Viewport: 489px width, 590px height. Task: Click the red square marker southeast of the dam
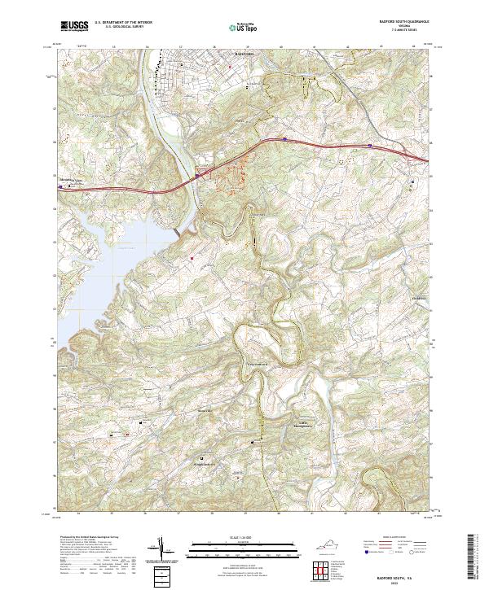192,259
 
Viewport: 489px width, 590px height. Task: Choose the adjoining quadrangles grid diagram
321,571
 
